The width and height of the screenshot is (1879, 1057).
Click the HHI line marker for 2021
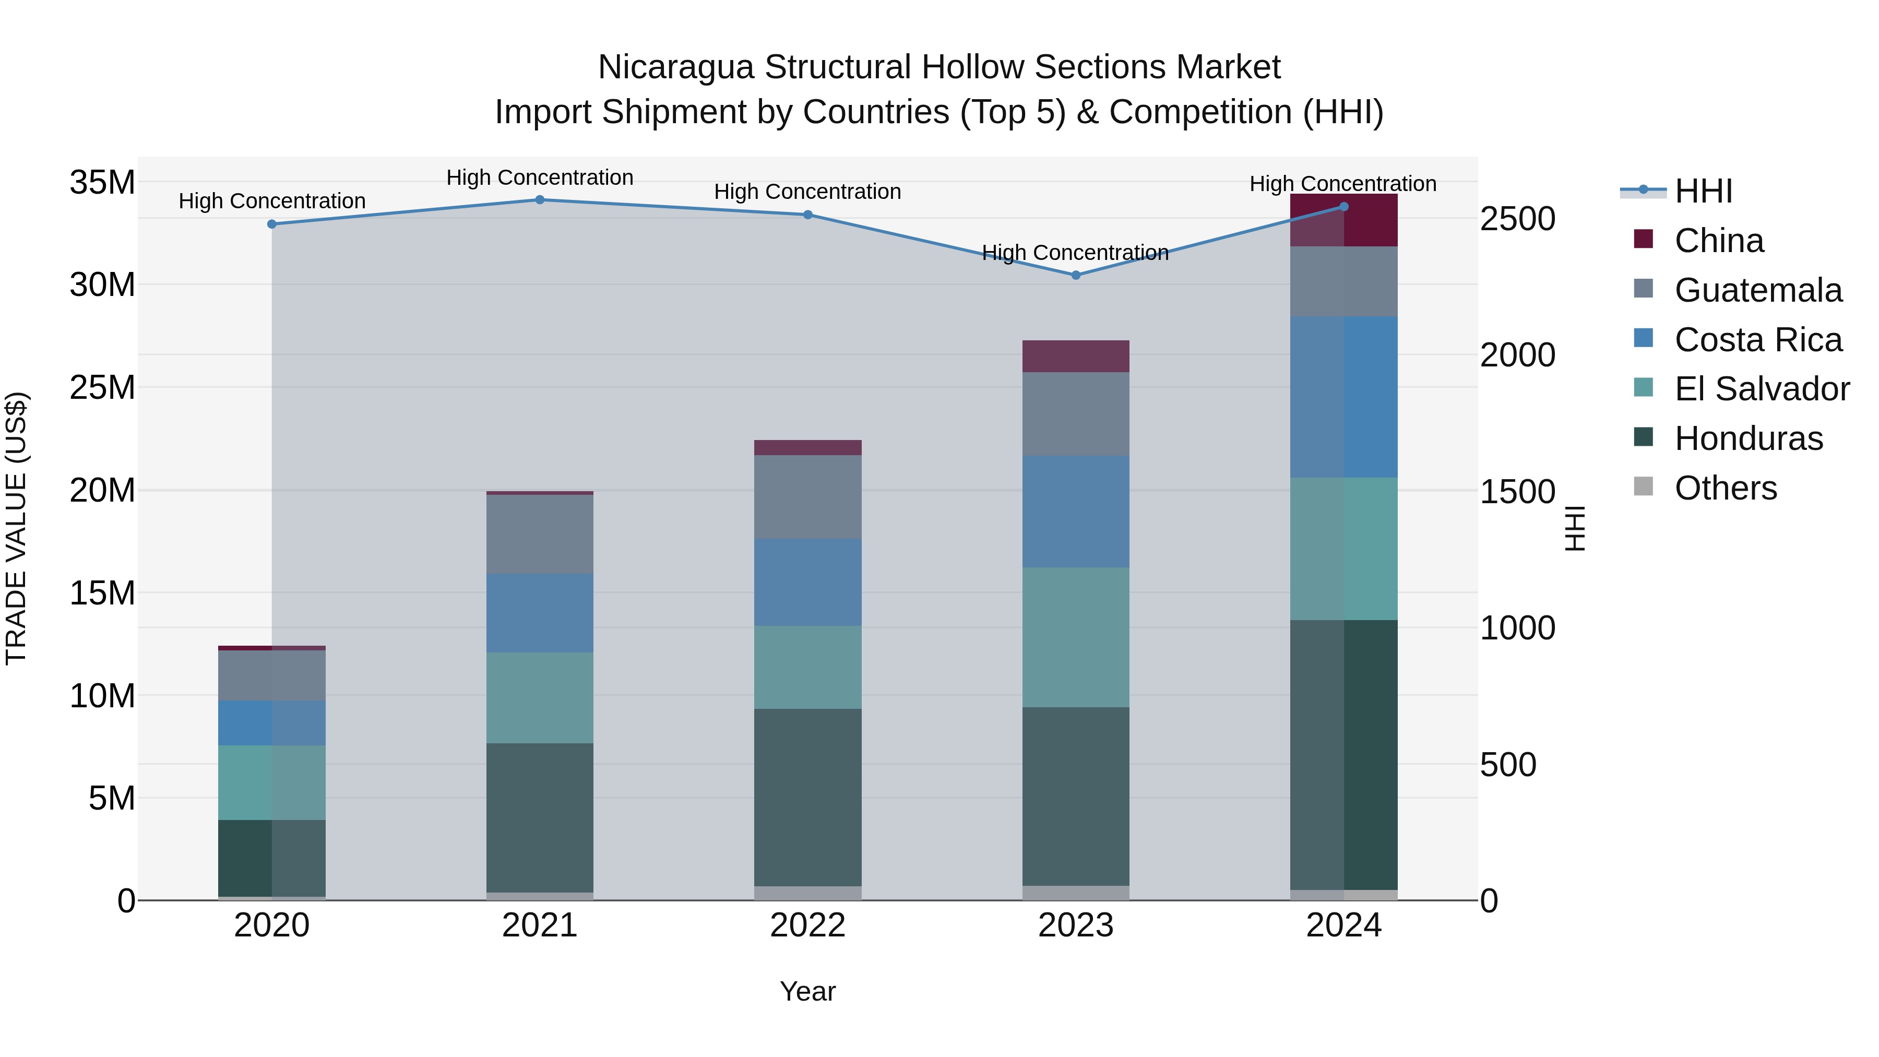pyautogui.click(x=540, y=200)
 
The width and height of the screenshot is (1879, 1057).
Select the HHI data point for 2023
pyautogui.click(x=1075, y=275)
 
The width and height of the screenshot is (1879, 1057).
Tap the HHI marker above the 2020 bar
pyautogui.click(x=272, y=224)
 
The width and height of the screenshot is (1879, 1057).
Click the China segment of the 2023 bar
pyautogui.click(x=1075, y=356)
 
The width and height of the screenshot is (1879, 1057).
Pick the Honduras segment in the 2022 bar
pyautogui.click(x=807, y=797)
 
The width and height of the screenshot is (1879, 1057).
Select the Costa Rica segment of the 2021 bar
pyautogui.click(x=540, y=613)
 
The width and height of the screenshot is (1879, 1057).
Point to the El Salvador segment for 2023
pyautogui.click(x=1075, y=637)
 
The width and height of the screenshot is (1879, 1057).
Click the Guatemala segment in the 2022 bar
pyautogui.click(x=807, y=497)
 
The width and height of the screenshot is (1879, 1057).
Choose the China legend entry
pyautogui.click(x=1719, y=241)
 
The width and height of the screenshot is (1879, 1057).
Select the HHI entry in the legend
pyautogui.click(x=1703, y=191)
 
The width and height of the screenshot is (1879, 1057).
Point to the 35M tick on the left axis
pyautogui.click(x=102, y=182)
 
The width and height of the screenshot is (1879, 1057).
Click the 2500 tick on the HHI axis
pyautogui.click(x=1517, y=219)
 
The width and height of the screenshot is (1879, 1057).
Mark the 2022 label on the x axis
pyautogui.click(x=807, y=925)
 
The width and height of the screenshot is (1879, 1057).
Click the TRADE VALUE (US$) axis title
pyautogui.click(x=16, y=528)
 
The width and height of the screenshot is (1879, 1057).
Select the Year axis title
pyautogui.click(x=807, y=991)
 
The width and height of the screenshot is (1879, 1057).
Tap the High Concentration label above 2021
pyautogui.click(x=540, y=177)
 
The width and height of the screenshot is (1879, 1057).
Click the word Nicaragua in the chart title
pyautogui.click(x=675, y=67)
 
